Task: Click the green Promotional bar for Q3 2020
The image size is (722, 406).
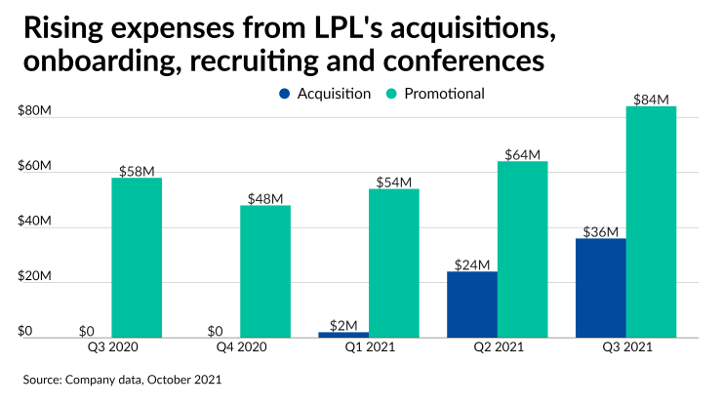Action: (137, 258)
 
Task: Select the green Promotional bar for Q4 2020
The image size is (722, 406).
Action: (265, 271)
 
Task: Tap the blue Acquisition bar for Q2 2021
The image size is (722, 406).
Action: (472, 304)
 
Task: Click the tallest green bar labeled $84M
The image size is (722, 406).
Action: (651, 222)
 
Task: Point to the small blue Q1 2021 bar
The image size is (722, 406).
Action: (343, 335)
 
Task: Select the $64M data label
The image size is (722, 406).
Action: (522, 154)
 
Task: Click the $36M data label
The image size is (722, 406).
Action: (600, 231)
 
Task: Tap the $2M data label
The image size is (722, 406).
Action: (343, 325)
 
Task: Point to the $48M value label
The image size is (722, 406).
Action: (264, 198)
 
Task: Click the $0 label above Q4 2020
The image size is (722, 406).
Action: (215, 331)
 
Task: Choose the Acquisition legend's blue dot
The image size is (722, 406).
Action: (284, 95)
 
